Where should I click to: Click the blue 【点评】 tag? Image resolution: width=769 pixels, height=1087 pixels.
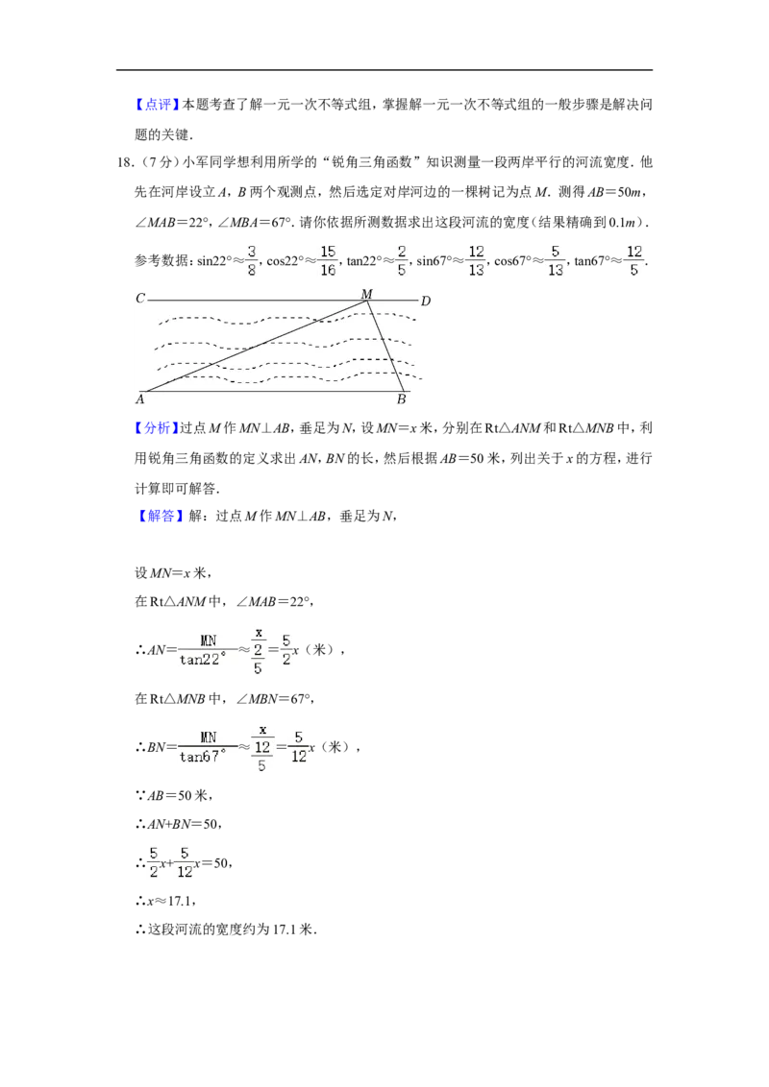tap(157, 105)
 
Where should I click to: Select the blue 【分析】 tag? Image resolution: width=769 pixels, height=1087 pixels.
tap(157, 428)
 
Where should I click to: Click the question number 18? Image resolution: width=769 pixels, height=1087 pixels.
tap(125, 163)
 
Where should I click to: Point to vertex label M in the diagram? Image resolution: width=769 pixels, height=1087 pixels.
tap(366, 294)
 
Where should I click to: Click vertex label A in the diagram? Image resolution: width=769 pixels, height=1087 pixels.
tap(140, 399)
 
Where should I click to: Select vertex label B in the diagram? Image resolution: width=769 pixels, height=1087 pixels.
tap(401, 399)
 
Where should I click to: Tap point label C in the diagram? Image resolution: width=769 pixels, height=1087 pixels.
tap(140, 298)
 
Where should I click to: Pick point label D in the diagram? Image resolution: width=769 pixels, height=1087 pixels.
tap(426, 301)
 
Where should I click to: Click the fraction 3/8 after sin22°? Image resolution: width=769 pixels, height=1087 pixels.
tap(251, 260)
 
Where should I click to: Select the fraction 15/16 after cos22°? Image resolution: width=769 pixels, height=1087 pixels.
tap(328, 260)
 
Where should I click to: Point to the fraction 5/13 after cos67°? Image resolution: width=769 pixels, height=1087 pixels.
tap(556, 260)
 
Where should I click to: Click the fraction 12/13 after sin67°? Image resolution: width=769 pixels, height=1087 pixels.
tap(476, 260)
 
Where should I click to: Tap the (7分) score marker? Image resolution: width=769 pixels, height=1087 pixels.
tap(156, 163)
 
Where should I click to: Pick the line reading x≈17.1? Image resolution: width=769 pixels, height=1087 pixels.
tap(165, 902)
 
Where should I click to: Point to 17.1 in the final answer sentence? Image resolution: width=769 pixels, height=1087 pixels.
tap(284, 930)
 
